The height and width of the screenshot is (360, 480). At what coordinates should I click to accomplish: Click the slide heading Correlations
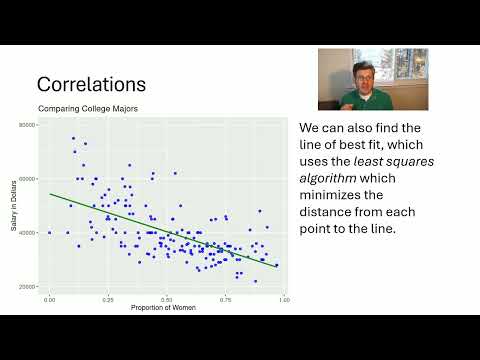92,84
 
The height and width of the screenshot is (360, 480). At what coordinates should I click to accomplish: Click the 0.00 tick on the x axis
50,298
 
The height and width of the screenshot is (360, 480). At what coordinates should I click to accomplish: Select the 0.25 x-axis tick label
109,298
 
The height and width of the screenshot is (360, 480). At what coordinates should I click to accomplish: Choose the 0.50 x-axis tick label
167,298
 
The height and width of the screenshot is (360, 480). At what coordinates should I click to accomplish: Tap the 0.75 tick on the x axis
226,298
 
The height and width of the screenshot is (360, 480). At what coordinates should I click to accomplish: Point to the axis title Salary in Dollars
15,205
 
